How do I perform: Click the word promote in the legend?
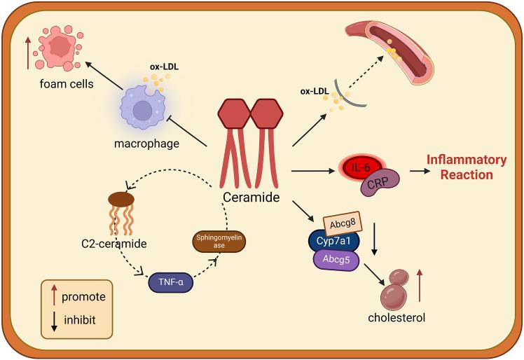tap(83, 297)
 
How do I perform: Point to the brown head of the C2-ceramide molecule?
tap(120, 200)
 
